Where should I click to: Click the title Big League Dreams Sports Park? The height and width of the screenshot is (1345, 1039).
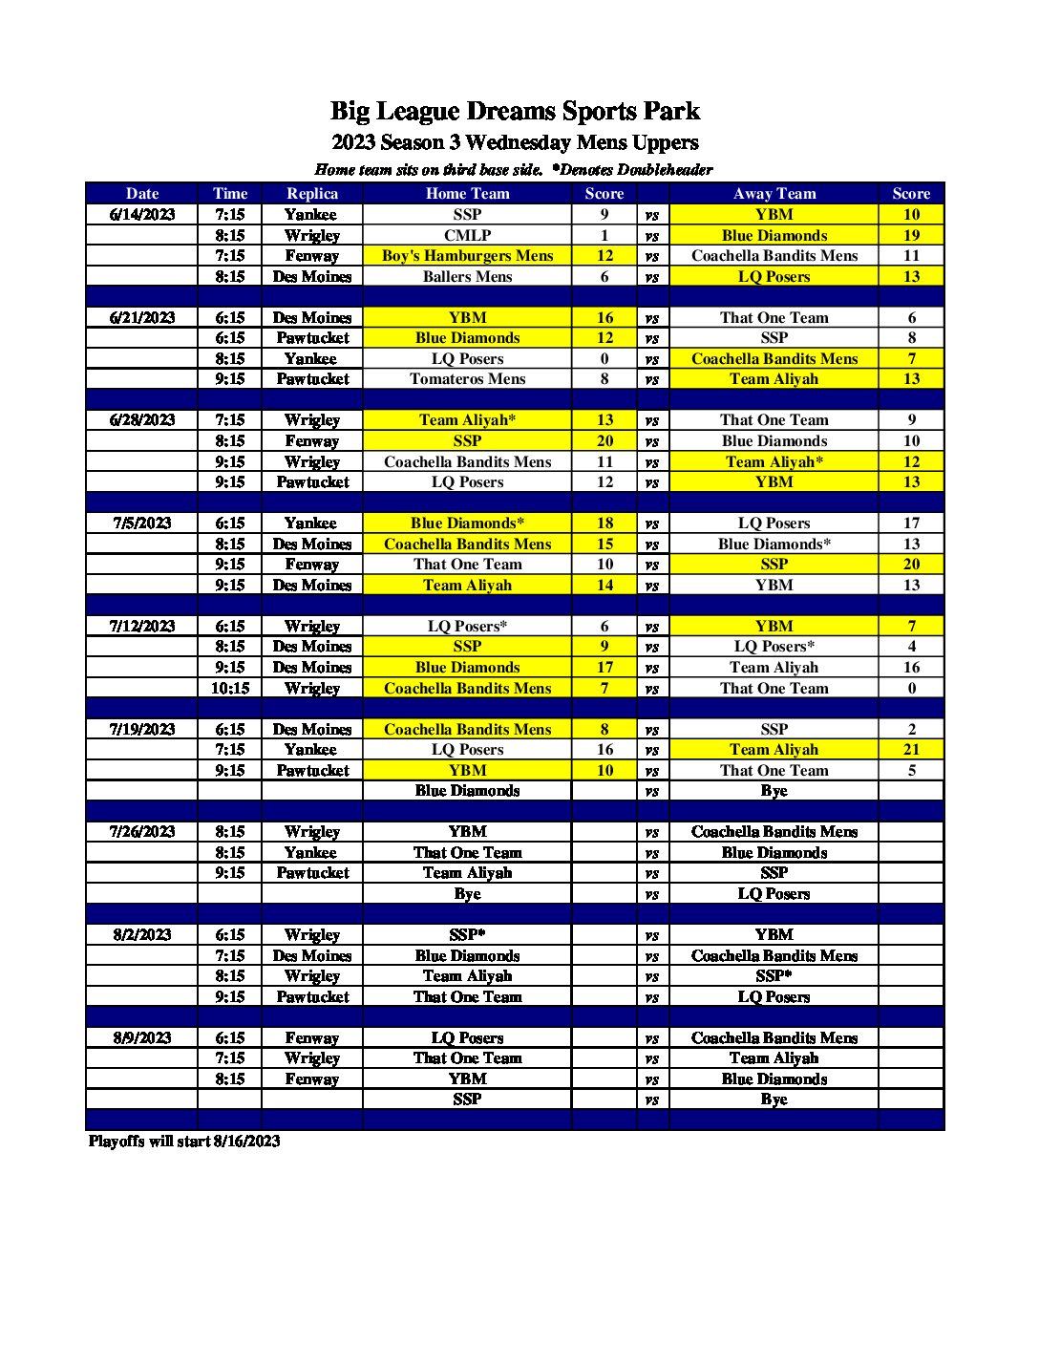tap(515, 112)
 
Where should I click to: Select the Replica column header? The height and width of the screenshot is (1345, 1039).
tap(312, 193)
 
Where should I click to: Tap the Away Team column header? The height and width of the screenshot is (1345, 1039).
tap(774, 193)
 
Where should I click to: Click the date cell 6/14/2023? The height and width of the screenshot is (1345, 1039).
tap(142, 214)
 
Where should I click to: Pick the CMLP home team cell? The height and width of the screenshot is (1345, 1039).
tap(467, 235)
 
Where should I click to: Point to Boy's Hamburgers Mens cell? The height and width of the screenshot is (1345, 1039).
tap(467, 255)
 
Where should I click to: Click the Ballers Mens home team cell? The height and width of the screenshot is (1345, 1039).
tap(467, 276)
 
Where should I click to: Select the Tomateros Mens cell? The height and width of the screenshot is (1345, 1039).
tap(467, 378)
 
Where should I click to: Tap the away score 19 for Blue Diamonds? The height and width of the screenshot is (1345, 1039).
tap(911, 235)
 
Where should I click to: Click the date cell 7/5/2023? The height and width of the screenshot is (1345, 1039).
tap(142, 523)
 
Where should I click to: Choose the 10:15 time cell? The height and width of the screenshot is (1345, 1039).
tap(230, 688)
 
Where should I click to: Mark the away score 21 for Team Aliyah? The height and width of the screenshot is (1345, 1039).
tap(911, 749)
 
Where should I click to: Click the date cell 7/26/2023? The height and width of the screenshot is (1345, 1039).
tap(142, 831)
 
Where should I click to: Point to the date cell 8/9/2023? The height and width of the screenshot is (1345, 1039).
tap(142, 1037)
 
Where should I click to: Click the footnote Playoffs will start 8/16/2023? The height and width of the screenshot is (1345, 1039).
tap(184, 1141)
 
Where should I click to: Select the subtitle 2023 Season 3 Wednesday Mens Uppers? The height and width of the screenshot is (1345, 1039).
tap(515, 143)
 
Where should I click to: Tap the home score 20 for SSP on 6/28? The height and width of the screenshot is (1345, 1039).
tap(604, 440)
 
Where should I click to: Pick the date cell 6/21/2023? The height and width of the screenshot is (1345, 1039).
tap(142, 317)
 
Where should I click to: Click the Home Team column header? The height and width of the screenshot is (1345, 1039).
tap(467, 193)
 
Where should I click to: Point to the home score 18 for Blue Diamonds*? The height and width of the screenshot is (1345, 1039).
tap(604, 523)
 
